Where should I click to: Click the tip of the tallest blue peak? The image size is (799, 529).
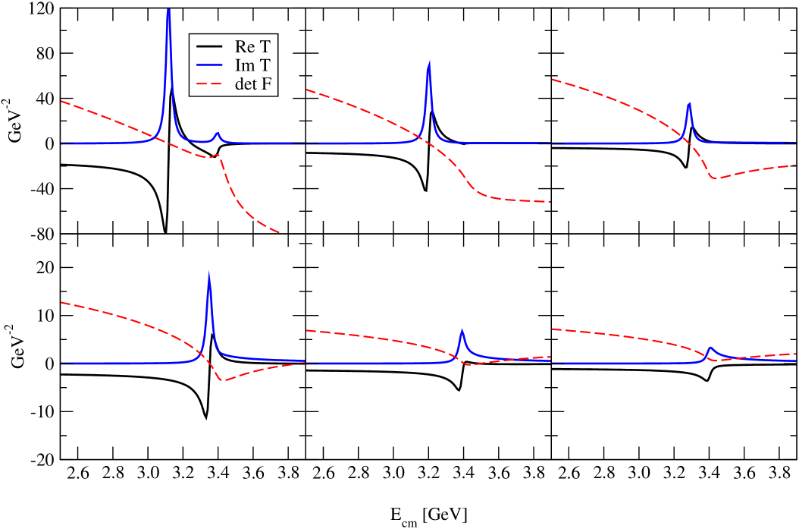[168, 9]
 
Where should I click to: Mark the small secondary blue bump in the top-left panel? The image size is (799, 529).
[218, 134]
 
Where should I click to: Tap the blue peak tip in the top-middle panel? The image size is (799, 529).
[429, 62]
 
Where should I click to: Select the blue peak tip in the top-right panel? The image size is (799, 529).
[688, 103]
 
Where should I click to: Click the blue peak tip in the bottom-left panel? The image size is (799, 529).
[209, 274]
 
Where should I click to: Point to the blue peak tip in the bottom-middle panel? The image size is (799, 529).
[462, 330]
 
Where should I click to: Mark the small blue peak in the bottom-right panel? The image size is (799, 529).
[710, 348]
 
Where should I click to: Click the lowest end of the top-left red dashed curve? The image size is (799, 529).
[280, 232]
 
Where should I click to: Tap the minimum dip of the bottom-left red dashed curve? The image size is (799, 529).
[221, 379]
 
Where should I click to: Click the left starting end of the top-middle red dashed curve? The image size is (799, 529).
[306, 90]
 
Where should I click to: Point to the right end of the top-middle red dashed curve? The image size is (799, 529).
[548, 201]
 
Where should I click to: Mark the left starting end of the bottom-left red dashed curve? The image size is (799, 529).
[61, 303]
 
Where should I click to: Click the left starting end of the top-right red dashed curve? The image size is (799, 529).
[553, 79]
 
